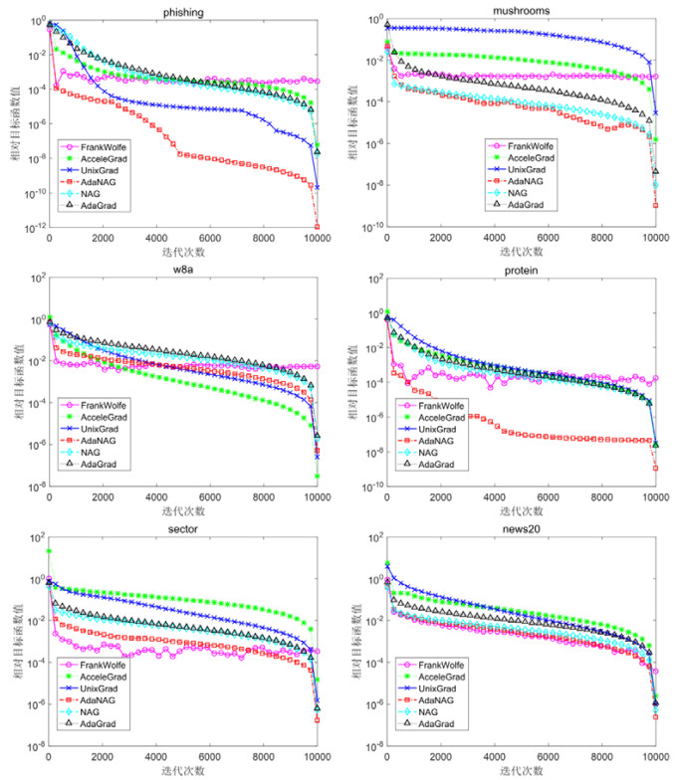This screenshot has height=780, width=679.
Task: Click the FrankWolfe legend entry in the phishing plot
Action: point(104,145)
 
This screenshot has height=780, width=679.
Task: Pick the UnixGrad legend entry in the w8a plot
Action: point(105,429)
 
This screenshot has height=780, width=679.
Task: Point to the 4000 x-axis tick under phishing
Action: point(156,240)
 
